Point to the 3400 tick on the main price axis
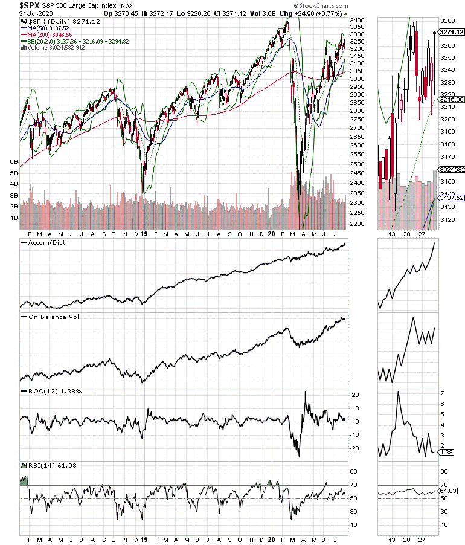click(x=358, y=20)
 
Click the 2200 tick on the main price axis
click(x=358, y=224)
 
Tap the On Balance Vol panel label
click(x=50, y=316)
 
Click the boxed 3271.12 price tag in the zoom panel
click(x=449, y=33)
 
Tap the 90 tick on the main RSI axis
click(x=354, y=472)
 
